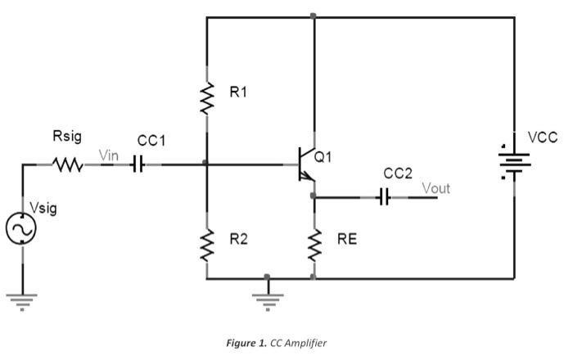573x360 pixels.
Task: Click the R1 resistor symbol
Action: tap(205, 100)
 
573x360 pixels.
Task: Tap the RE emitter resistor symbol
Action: tap(314, 245)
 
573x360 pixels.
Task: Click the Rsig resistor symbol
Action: tap(69, 164)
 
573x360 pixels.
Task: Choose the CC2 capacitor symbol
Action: tap(384, 197)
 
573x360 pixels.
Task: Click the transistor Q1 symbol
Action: tap(306, 164)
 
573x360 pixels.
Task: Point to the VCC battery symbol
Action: tap(515, 163)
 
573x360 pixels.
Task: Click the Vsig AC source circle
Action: tap(22, 230)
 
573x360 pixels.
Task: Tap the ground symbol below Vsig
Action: tap(22, 299)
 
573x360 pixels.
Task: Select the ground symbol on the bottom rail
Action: tap(265, 299)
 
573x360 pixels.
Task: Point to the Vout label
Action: tap(435, 188)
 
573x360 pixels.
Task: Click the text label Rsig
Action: tap(67, 134)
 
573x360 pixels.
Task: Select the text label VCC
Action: tap(543, 137)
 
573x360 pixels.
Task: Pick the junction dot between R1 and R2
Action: tap(205, 164)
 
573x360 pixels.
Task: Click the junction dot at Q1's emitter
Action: tap(314, 196)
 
